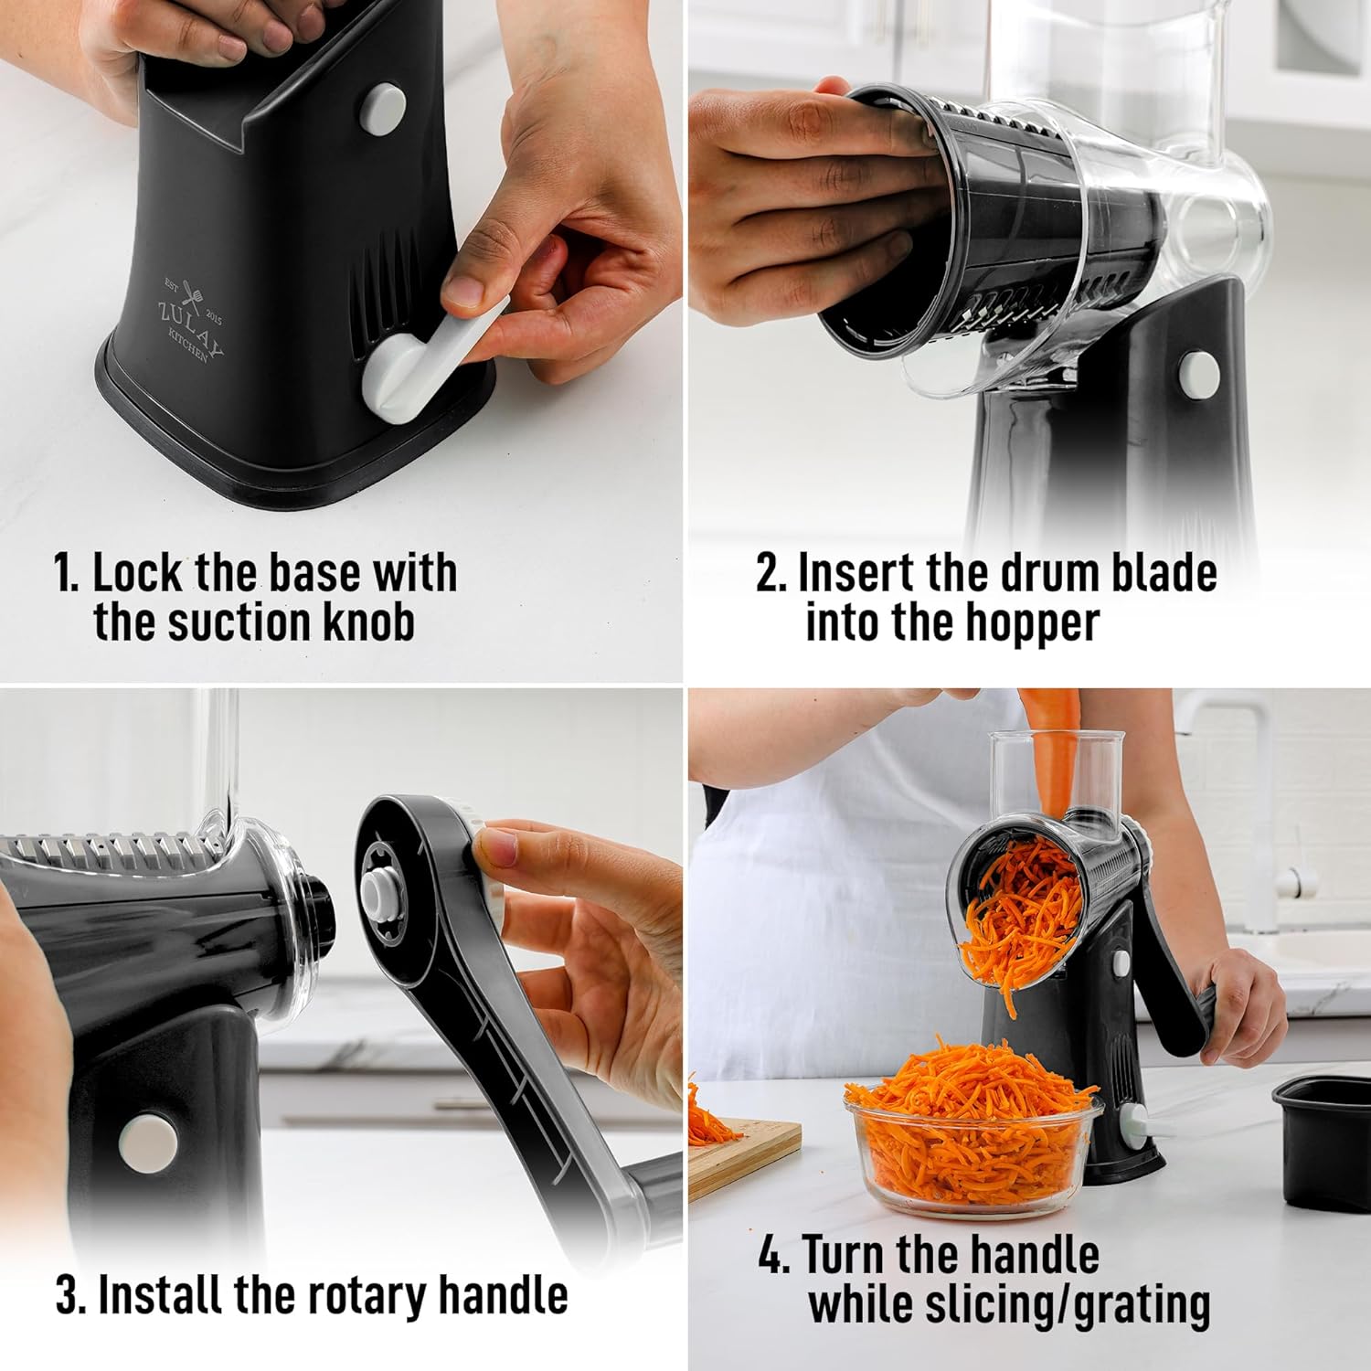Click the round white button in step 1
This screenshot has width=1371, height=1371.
click(383, 108)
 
